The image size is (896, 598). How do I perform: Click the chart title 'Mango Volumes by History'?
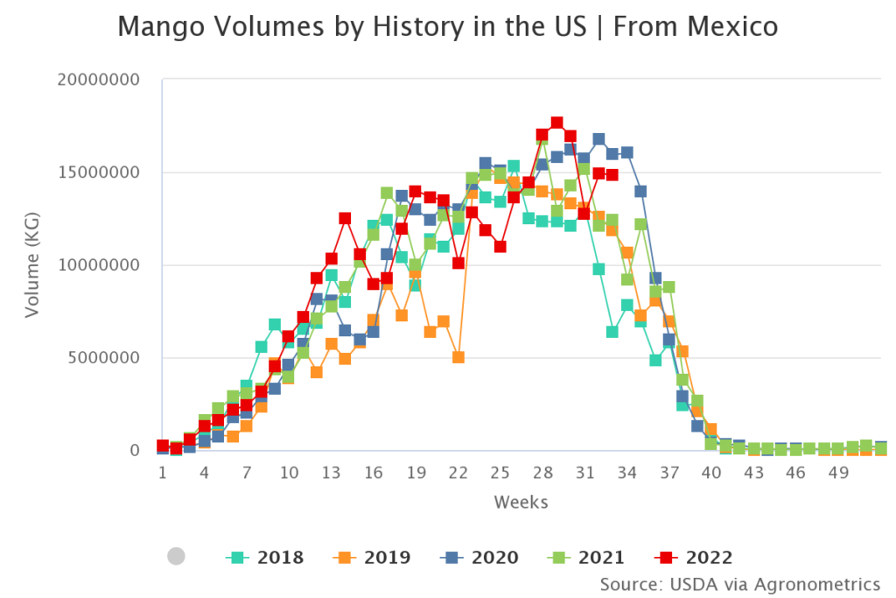[447, 27]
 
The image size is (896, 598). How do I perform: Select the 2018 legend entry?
[265, 557]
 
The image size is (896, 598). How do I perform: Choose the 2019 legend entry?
[372, 557]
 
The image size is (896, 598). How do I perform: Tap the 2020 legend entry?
[479, 557]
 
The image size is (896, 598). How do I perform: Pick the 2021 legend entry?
[586, 557]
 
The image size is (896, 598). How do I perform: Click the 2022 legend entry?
[694, 557]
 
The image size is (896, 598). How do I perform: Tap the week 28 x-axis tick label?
[542, 474]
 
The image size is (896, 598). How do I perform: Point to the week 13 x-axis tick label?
[331, 474]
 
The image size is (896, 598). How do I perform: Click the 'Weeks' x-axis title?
[521, 502]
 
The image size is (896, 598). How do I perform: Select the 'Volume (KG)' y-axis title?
[32, 265]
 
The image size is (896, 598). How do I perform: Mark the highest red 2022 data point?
[556, 123]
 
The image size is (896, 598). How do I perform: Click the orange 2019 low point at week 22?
[458, 357]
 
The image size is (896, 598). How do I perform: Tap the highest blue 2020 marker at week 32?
[598, 139]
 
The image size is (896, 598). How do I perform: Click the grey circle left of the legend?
[176, 556]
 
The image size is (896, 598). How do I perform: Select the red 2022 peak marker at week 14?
[345, 219]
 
